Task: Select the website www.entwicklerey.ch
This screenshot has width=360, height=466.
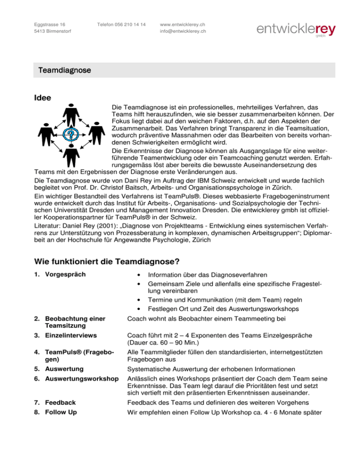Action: [183, 24]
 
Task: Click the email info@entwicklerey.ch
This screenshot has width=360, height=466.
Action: [183, 31]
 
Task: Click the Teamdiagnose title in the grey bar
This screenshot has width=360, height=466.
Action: [58, 70]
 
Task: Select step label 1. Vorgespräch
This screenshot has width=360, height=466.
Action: [59, 274]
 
